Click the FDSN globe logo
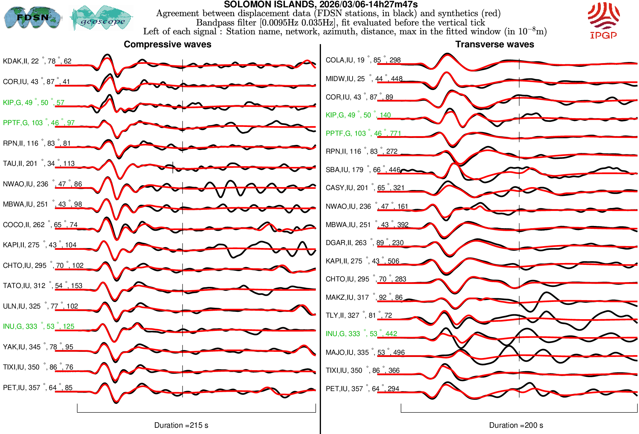point(32,18)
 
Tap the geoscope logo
point(102,18)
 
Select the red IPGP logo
point(603,20)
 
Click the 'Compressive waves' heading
point(167,44)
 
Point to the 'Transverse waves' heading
point(494,44)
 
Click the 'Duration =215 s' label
point(181,425)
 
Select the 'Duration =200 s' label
point(516,425)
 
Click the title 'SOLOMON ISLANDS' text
point(320,4)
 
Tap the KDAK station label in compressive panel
point(37,61)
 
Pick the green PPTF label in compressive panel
point(39,123)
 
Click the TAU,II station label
point(39,164)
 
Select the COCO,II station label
point(40,225)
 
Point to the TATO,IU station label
point(42,286)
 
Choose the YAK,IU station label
point(38,347)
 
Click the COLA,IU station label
point(363,60)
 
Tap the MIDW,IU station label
point(364,79)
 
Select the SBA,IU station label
point(363,170)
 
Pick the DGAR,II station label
point(364,243)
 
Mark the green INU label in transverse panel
point(361,334)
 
